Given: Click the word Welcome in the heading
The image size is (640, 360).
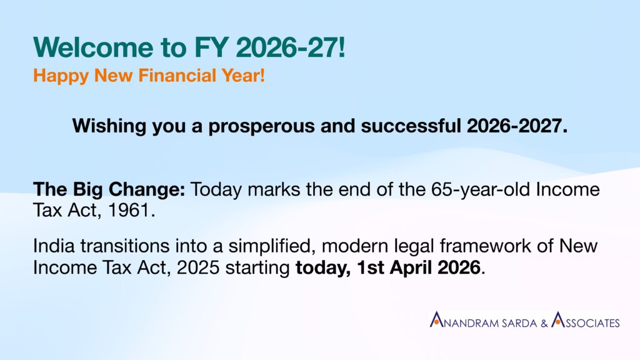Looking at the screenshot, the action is [x=94, y=47].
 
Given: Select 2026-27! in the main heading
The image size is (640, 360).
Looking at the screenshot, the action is [x=291, y=47].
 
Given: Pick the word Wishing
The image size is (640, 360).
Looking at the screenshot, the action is [x=109, y=126].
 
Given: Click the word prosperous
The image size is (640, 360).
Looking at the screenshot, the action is [x=262, y=126].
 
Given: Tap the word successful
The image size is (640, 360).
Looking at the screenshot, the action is [x=411, y=126].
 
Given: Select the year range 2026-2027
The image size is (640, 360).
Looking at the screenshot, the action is [x=517, y=126].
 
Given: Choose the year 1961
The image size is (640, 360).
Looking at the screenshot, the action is [x=131, y=211].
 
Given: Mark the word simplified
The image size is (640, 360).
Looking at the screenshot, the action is [x=272, y=246].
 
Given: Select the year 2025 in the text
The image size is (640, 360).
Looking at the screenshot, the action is [x=198, y=267].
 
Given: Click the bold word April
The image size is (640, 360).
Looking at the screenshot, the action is [x=411, y=268].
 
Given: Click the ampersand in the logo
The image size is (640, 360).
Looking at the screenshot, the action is [x=544, y=324].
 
